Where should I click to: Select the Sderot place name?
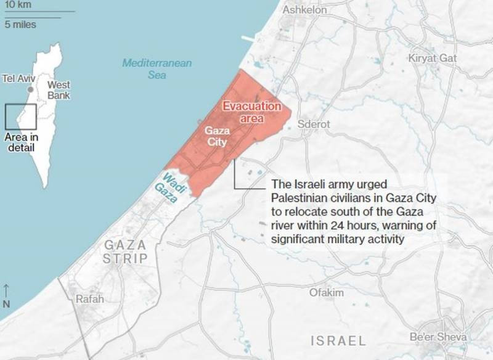pyautogui.click(x=314, y=124)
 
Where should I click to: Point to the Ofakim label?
pyautogui.click(x=327, y=292)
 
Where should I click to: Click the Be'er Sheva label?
pyautogui.click(x=439, y=337)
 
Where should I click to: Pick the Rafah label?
pyautogui.click(x=89, y=299)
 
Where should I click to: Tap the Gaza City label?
pyautogui.click(x=216, y=136)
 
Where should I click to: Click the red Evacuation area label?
pyautogui.click(x=251, y=112)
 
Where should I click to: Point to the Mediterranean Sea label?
pyautogui.click(x=157, y=68)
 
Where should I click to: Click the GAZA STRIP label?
pyautogui.click(x=126, y=252)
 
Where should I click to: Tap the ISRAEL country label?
pyautogui.click(x=338, y=340)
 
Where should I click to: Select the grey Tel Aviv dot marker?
pyautogui.click(x=30, y=89)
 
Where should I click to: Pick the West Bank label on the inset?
pyautogui.click(x=59, y=90)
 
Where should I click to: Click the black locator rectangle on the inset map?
pyautogui.click(x=20, y=117)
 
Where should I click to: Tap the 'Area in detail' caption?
pyautogui.click(x=21, y=142)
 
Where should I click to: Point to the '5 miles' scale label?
pyautogui.click(x=20, y=25)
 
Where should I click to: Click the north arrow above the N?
pyautogui.click(x=6, y=290)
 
